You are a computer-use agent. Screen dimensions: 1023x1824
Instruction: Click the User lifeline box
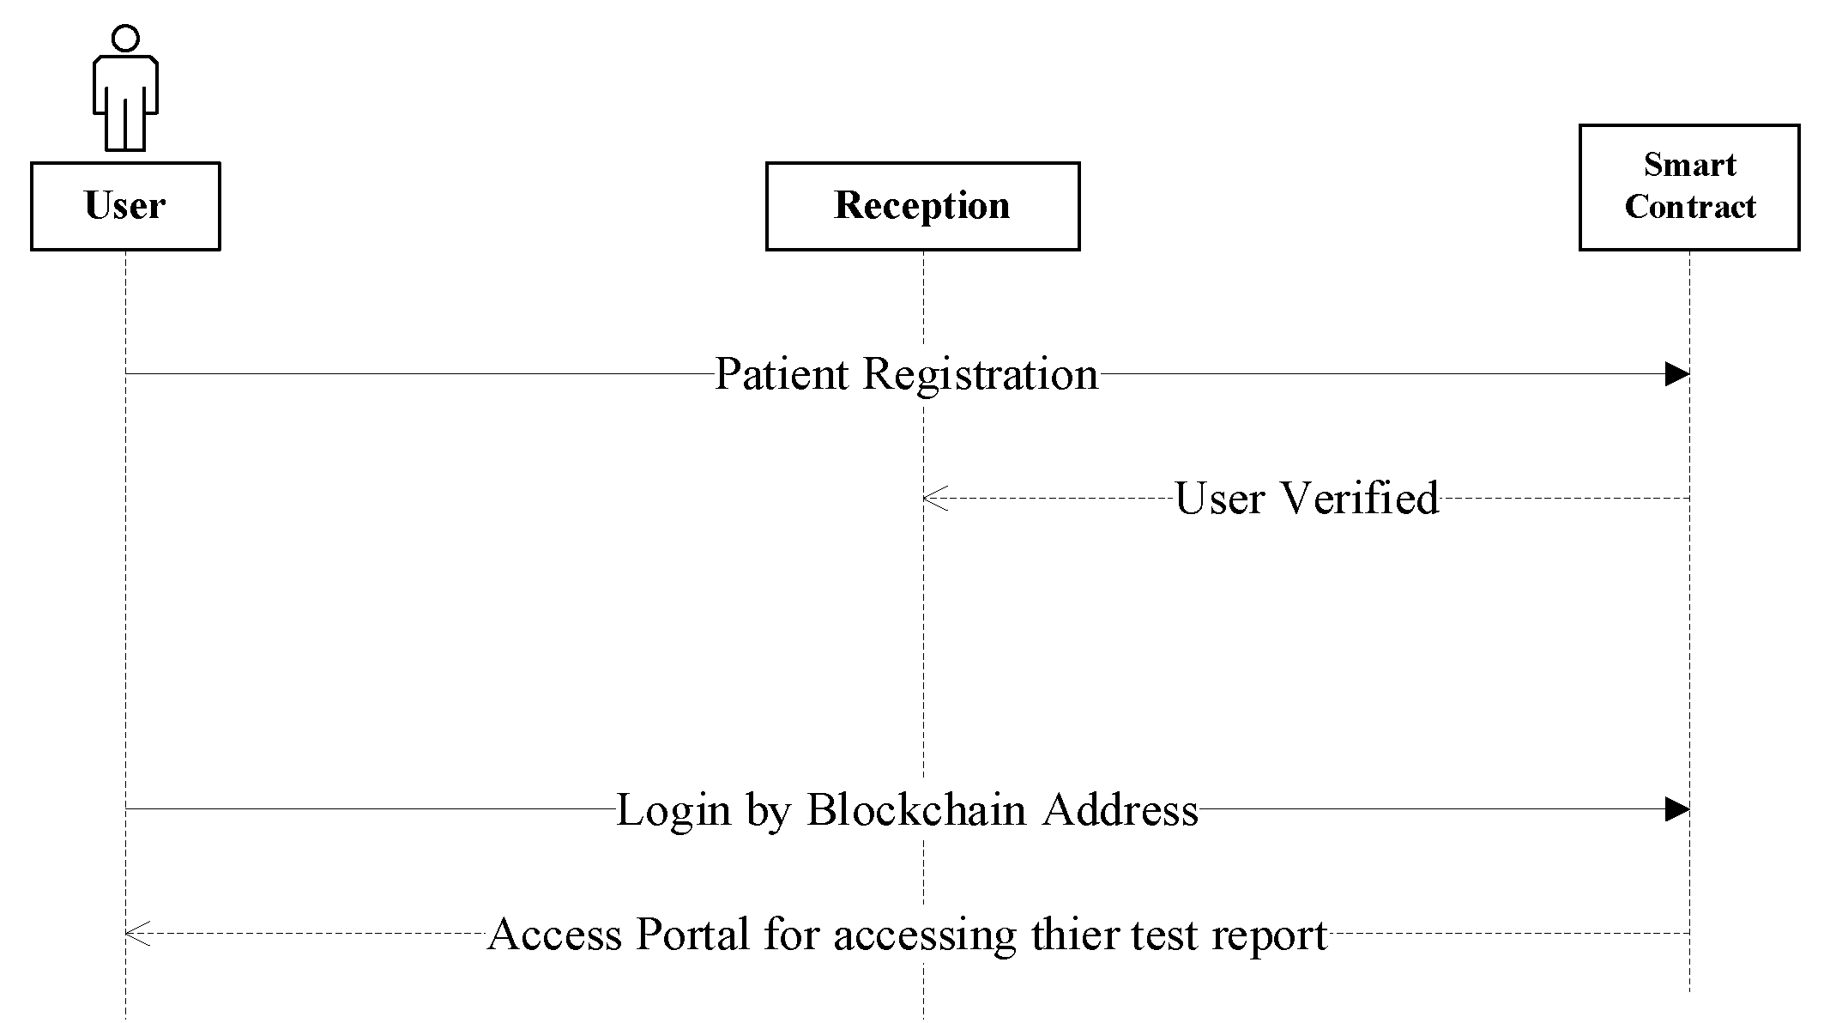tap(125, 206)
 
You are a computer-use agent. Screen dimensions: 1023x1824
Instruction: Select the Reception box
tap(922, 206)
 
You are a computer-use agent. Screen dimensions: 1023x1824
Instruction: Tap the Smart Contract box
tap(1689, 187)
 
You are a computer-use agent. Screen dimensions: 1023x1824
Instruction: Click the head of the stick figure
tap(125, 38)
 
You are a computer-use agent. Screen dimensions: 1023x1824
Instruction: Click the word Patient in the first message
tap(781, 374)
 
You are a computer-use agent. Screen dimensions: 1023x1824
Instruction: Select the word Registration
tap(981, 374)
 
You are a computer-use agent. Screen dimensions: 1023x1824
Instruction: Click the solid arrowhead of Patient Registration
tap(1676, 374)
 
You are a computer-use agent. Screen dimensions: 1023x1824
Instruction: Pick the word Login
tap(673, 809)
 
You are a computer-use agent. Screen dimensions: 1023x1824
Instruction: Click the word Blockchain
tap(916, 809)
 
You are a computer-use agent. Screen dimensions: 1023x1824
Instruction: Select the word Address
tap(1120, 809)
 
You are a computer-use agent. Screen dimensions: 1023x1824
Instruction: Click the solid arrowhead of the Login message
tap(1676, 809)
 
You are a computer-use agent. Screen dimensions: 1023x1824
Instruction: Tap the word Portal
tap(693, 934)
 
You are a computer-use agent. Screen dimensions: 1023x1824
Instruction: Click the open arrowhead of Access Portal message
tap(136, 934)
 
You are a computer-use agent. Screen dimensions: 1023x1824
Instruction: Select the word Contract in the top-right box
tap(1689, 207)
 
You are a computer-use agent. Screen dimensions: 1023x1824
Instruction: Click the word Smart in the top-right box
tap(1689, 164)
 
